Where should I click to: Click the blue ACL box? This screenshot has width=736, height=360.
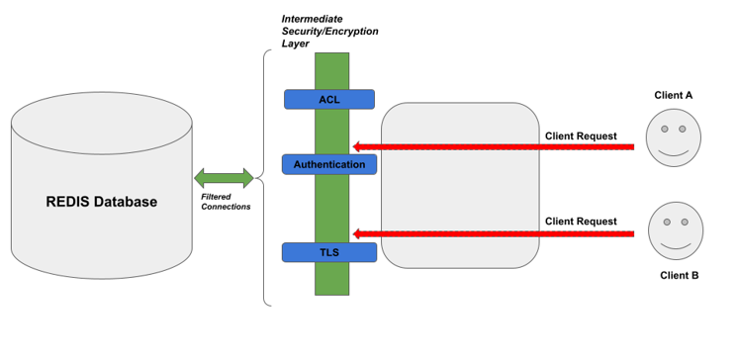coord(328,99)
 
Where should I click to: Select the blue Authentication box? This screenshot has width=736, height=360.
coord(328,164)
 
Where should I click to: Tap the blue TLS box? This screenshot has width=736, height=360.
coord(328,252)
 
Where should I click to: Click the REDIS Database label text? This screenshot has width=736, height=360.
coord(101,202)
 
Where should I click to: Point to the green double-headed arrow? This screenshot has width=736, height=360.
coord(224,179)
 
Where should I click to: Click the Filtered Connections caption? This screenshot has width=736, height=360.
coord(226,201)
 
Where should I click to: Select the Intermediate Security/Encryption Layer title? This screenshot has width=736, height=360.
coord(329,31)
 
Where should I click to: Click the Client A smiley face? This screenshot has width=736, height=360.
coord(674,137)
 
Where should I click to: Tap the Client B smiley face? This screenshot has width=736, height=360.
coord(676,230)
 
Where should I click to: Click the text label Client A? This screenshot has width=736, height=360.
coord(674,95)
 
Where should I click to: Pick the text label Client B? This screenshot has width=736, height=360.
coord(679,275)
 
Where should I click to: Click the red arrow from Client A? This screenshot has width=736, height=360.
coord(495,147)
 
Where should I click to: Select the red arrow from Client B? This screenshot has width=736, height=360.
coord(495,234)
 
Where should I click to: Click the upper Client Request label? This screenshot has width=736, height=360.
coord(581,135)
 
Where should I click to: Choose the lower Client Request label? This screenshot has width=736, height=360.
coord(581,222)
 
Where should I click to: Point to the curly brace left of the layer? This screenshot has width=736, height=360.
coord(265,178)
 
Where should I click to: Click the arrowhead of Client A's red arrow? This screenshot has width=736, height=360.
coord(359,147)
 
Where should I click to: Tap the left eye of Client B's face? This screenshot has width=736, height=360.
coord(668,222)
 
